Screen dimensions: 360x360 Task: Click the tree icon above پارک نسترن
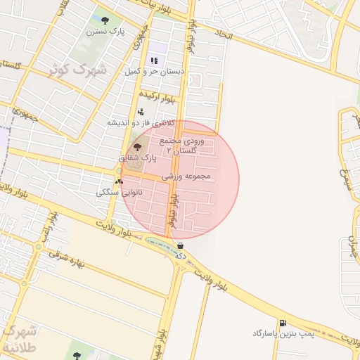[x=105, y=20]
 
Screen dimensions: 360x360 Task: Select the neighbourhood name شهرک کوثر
[x=79, y=70]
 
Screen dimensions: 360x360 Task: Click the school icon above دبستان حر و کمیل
[x=154, y=61]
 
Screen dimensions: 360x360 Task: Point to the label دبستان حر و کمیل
[x=154, y=71]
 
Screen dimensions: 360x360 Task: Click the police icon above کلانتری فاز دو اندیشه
[x=141, y=111]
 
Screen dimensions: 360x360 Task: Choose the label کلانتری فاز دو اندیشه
[x=141, y=122]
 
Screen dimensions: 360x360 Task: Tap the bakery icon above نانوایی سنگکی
[x=118, y=181]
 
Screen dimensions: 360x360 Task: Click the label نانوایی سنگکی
[x=120, y=191]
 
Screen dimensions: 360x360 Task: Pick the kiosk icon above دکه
[x=181, y=246]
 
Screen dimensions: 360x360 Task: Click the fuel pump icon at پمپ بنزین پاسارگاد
[x=282, y=323]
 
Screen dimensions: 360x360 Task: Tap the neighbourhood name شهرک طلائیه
[x=22, y=338]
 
